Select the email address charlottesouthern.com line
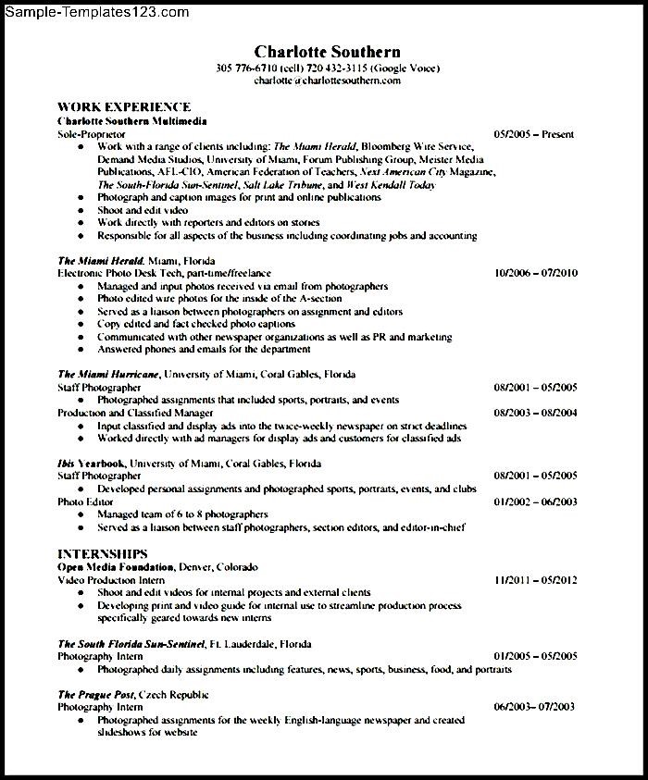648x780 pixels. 327,80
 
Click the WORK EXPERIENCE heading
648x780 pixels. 124,107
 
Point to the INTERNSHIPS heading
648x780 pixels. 104,553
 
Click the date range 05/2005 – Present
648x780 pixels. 534,134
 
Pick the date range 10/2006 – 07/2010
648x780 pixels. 536,273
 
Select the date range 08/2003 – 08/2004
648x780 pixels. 536,413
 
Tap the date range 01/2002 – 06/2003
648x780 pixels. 536,501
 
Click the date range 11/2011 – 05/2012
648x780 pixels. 536,579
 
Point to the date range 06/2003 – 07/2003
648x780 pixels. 534,707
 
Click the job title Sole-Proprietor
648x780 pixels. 91,134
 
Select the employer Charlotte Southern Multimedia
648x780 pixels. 131,121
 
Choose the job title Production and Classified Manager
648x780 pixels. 135,413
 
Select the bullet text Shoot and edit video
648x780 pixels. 143,210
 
